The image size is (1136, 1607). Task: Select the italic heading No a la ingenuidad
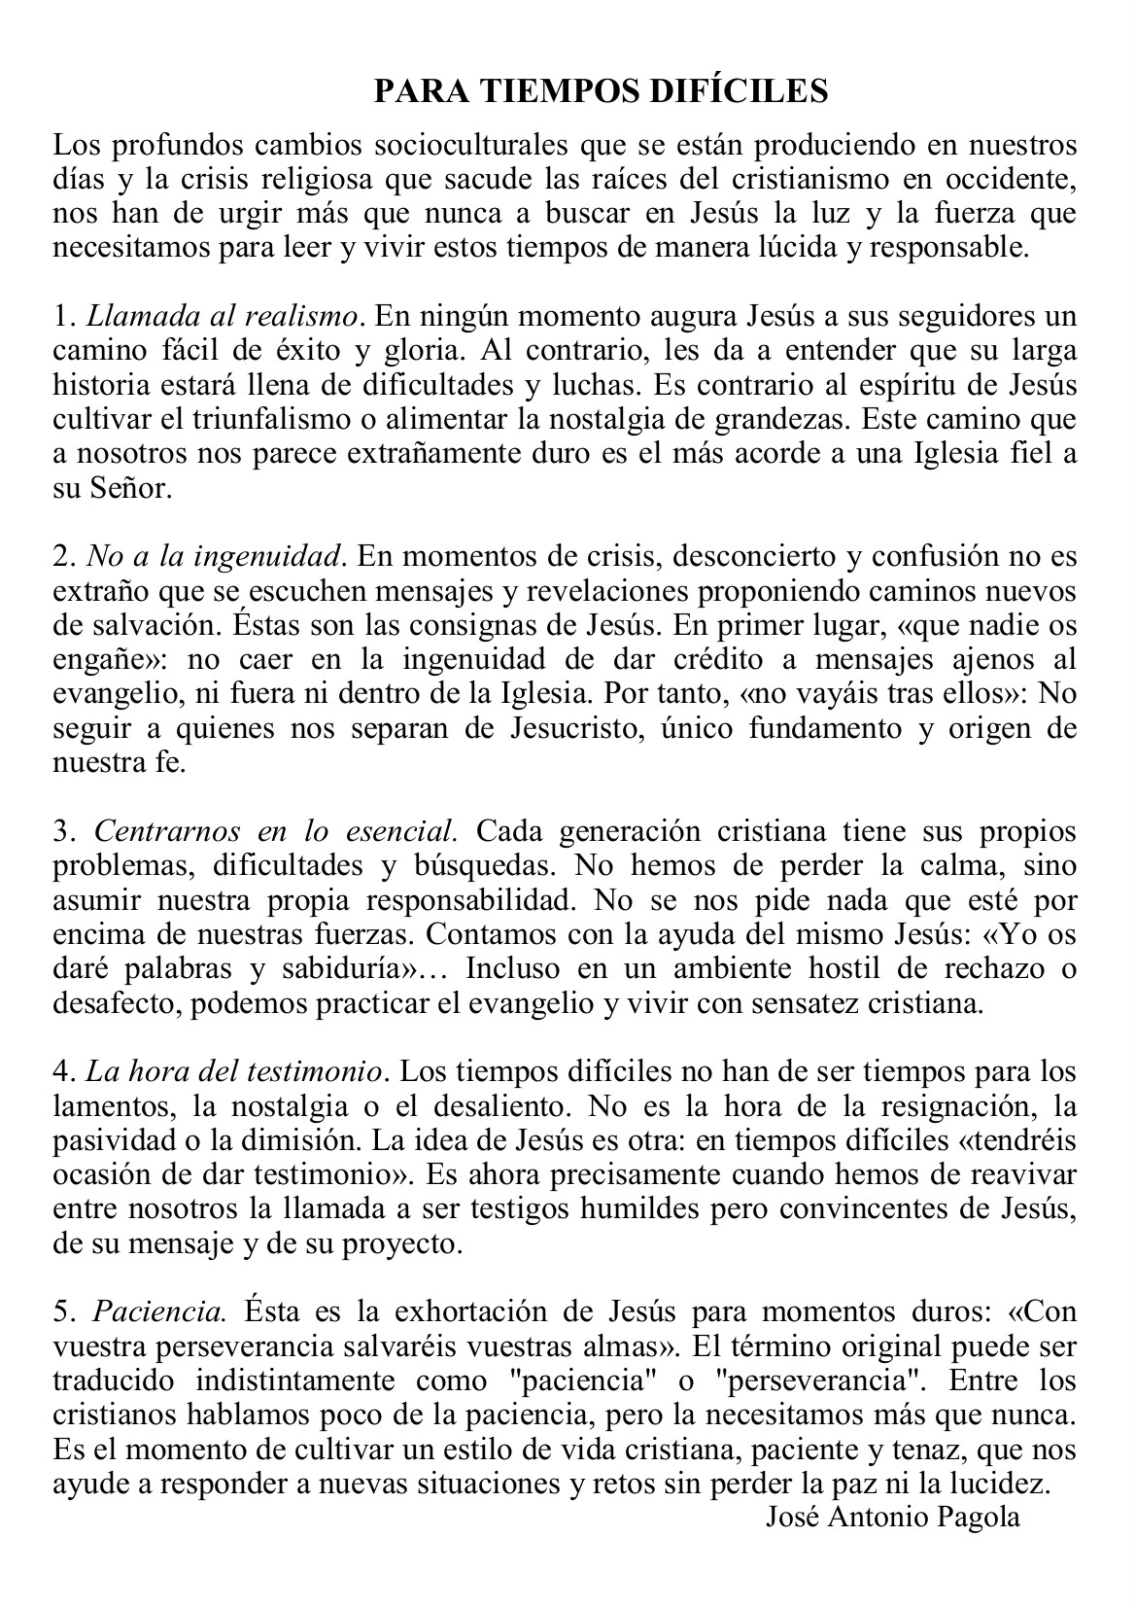point(216,556)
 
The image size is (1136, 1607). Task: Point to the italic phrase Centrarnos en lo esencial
point(275,831)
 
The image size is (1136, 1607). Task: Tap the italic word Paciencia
point(159,1311)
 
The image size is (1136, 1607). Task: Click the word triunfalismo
point(321,419)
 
